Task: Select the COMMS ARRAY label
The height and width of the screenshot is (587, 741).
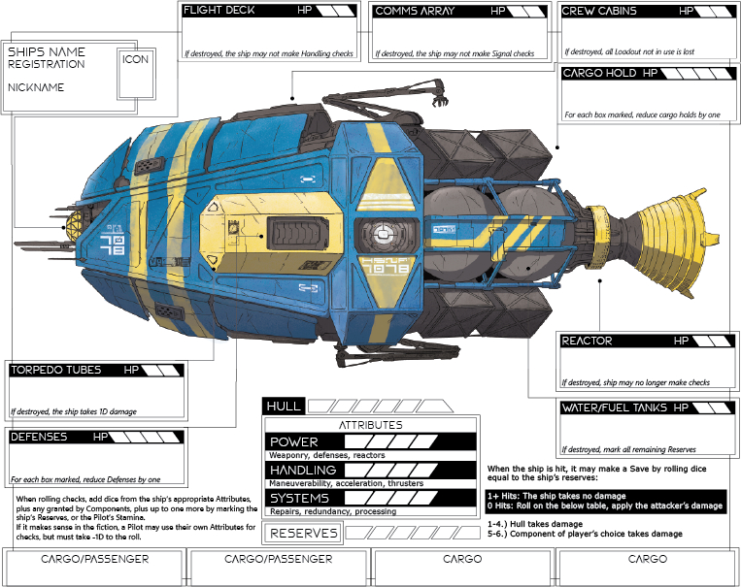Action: pos(409,12)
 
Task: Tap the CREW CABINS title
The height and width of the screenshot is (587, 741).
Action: pos(599,12)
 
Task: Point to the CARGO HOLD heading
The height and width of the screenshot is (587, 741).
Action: pos(598,74)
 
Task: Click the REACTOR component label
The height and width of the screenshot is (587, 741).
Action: pos(588,342)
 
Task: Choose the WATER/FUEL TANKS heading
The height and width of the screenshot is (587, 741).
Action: pos(613,408)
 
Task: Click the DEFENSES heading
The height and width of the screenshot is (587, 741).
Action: pos(40,438)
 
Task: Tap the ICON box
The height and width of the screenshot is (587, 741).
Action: pos(136,59)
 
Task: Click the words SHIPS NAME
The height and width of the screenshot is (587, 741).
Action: pos(47,51)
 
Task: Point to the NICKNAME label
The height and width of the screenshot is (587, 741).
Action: pos(36,87)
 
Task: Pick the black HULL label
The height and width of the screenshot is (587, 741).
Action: pos(284,406)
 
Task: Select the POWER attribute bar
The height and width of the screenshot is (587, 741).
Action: pos(371,441)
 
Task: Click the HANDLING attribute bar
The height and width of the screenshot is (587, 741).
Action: pos(371,470)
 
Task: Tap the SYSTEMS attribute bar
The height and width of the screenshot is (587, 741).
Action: pos(371,498)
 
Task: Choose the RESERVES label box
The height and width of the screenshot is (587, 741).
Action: pos(304,533)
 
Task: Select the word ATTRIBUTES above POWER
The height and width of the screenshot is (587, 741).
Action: pos(370,425)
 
